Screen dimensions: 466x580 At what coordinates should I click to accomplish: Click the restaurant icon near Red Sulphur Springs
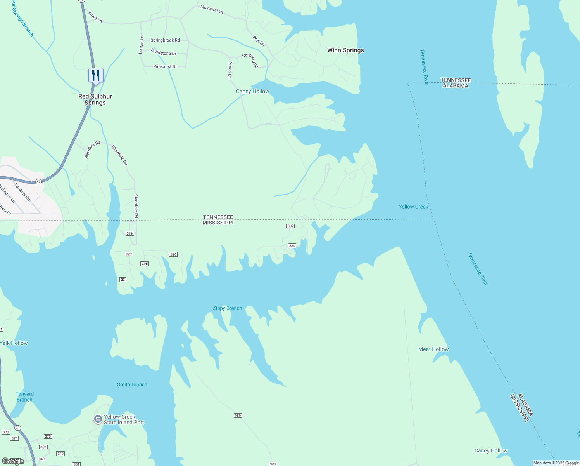coord(96,75)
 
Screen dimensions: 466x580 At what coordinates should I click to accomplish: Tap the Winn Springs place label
coord(345,50)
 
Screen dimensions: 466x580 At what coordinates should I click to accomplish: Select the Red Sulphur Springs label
coord(95,99)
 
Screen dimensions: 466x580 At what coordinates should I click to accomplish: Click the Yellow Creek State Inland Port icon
coord(98,419)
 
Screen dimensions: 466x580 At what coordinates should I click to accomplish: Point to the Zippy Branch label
coord(228,308)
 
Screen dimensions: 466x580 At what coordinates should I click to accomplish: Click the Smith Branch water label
coord(132,384)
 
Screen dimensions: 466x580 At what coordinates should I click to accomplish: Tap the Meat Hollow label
coord(433,349)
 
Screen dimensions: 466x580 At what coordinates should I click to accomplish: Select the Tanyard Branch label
coord(24,396)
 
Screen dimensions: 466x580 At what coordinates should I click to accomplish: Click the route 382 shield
coord(290,226)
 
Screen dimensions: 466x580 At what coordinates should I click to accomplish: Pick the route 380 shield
coord(292,246)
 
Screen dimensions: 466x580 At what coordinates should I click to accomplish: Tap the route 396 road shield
coord(173,254)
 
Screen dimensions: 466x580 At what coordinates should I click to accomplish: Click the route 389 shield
coord(129,233)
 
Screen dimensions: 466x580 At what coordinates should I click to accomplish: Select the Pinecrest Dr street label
coord(165,67)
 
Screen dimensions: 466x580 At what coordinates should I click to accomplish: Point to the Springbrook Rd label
coord(165,40)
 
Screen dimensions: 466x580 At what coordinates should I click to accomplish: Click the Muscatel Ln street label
coord(212,9)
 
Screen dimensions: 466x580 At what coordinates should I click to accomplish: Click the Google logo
coord(13,461)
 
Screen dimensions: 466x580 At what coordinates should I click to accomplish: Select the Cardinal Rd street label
coord(22,191)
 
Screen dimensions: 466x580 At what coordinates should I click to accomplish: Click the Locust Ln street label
coord(142,45)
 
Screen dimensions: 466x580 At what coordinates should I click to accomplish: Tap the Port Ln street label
coord(259,41)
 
